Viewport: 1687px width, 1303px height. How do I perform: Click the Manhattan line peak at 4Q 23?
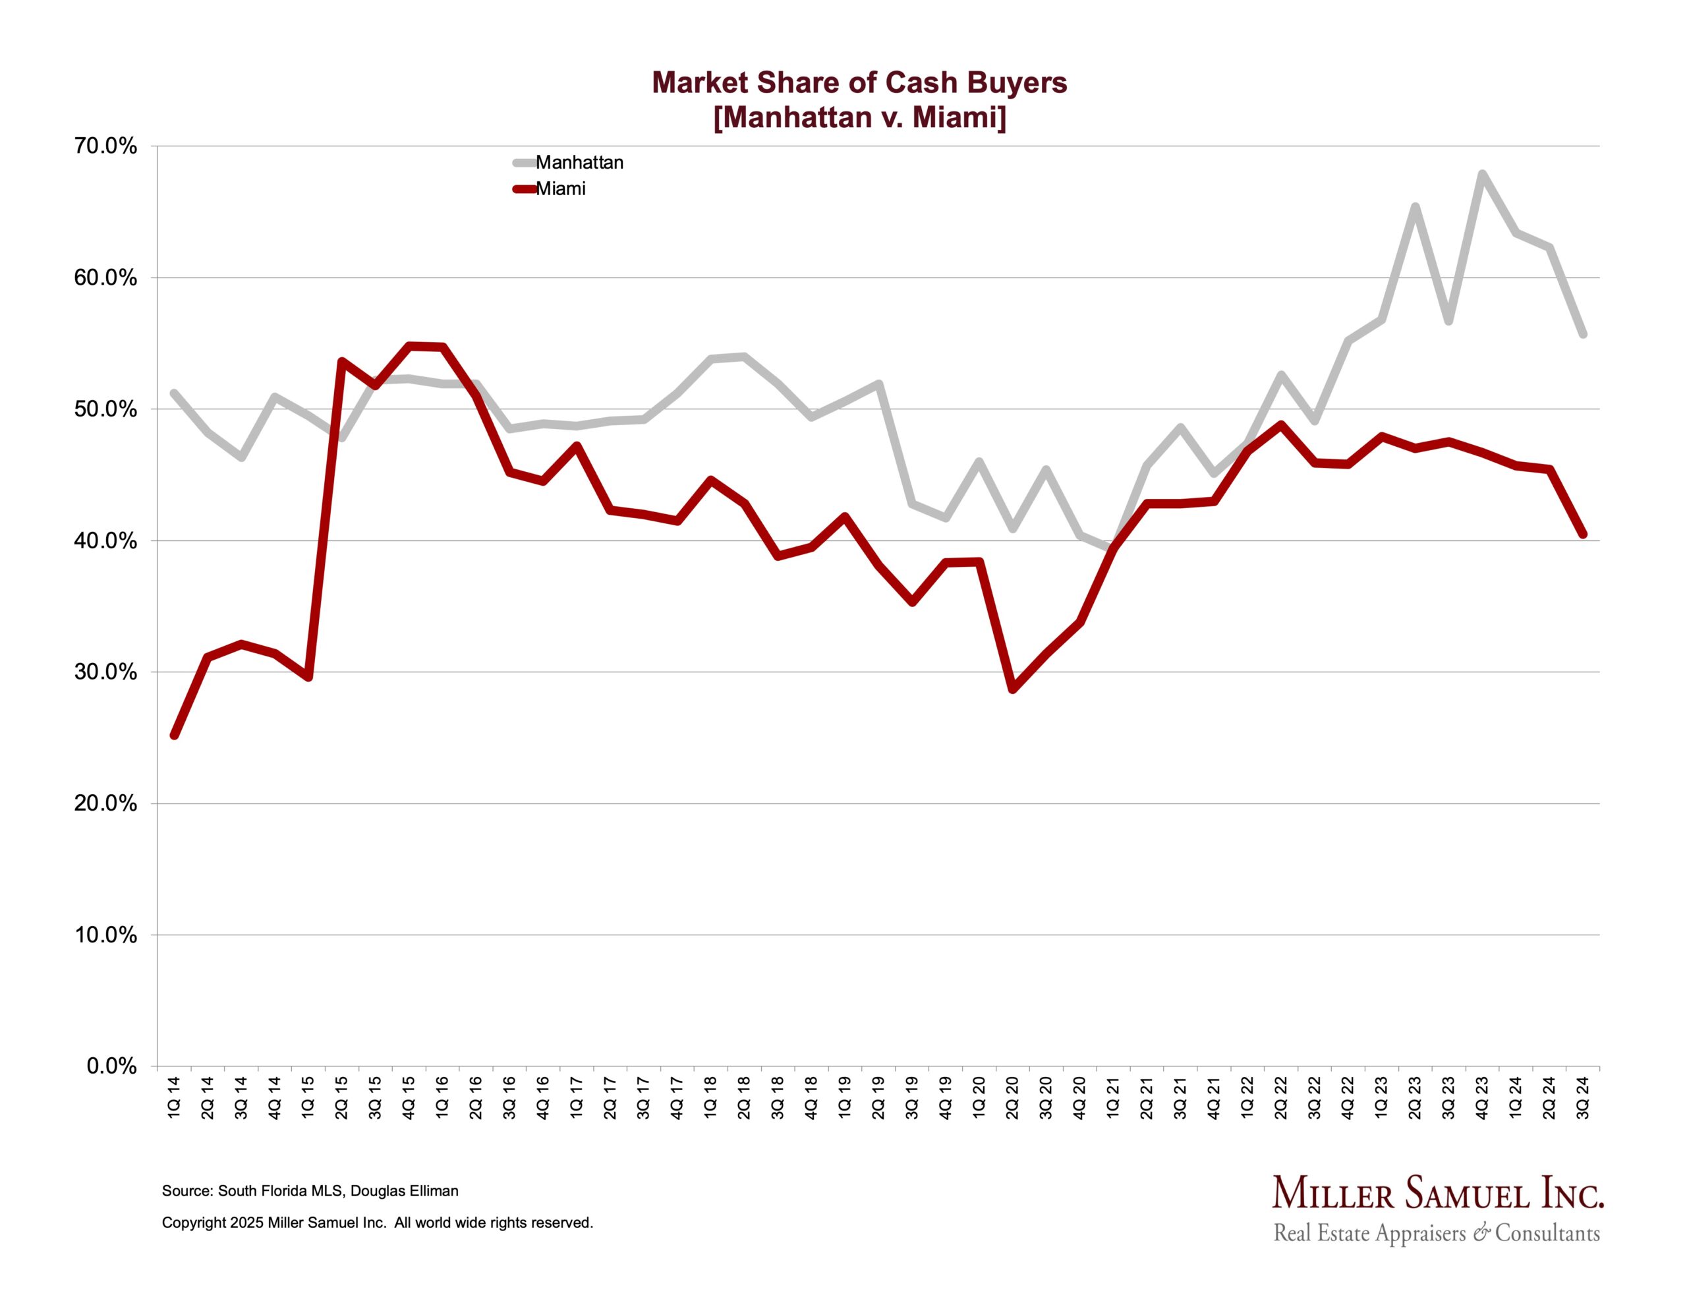click(1482, 174)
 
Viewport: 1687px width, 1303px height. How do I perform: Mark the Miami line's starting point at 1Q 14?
click(175, 734)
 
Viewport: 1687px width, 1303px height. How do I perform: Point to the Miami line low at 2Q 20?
click(1013, 688)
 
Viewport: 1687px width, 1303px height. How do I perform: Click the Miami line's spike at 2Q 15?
click(341, 361)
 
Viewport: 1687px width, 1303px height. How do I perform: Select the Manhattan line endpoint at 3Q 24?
click(1583, 333)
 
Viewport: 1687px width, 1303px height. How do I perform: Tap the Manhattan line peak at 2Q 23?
click(1415, 206)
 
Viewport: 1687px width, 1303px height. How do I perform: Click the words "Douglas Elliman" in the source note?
click(404, 1191)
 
